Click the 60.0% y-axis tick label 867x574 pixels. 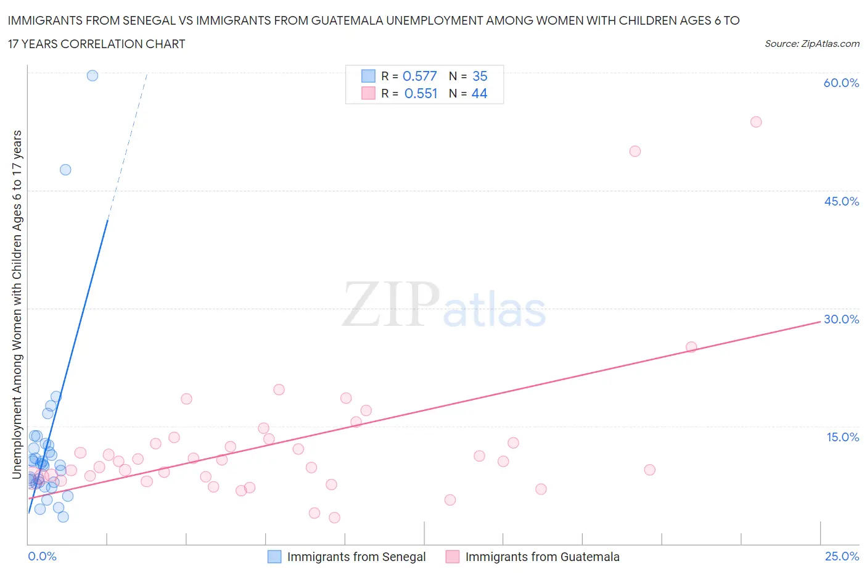click(841, 83)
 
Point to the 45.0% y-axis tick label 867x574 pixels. click(841, 201)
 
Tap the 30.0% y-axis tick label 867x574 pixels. click(841, 319)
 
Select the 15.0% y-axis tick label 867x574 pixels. click(842, 437)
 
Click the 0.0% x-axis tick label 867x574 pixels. click(42, 556)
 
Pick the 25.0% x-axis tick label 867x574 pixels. click(842, 556)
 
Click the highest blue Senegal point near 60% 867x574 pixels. click(92, 75)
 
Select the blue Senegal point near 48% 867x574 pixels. click(65, 170)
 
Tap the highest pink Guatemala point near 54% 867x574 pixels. click(756, 122)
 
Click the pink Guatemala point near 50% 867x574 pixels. click(635, 151)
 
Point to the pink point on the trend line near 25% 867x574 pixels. click(691, 347)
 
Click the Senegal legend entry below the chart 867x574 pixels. click(356, 557)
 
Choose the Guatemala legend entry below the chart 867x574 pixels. click(542, 557)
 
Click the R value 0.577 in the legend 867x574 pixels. click(419, 76)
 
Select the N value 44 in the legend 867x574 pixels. click(479, 93)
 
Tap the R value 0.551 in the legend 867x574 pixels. click(421, 93)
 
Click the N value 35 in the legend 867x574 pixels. click(480, 76)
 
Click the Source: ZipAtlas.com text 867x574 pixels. click(812, 43)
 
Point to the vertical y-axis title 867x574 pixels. click(17, 305)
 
